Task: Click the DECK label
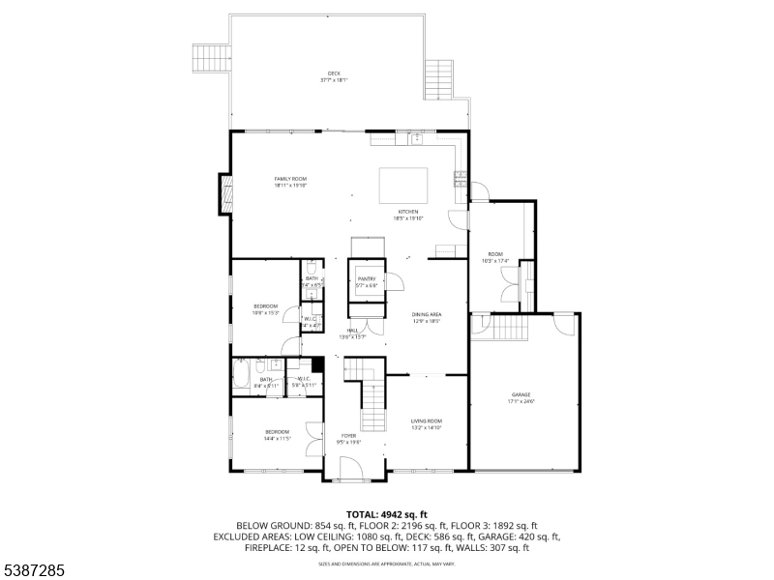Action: click(334, 76)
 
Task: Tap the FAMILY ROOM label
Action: click(290, 182)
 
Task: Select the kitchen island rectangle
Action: click(402, 184)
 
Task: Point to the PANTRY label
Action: click(366, 282)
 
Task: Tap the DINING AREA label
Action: click(427, 317)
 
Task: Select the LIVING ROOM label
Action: click(427, 422)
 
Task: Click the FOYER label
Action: click(348, 438)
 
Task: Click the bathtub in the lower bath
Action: click(242, 373)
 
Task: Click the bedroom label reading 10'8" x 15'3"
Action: click(265, 309)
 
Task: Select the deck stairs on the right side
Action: click(440, 73)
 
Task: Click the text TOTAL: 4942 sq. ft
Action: click(387, 514)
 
